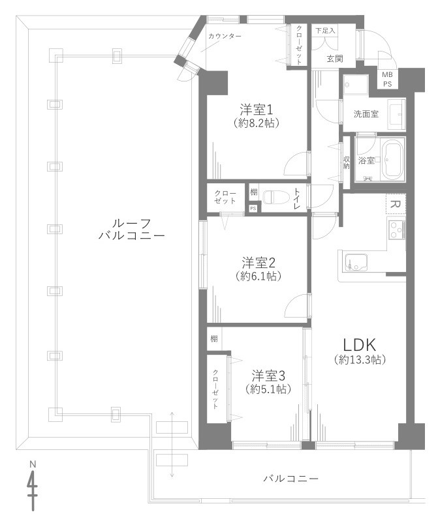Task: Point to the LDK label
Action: click(358, 345)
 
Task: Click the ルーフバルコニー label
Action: click(131, 228)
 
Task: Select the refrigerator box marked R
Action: click(394, 204)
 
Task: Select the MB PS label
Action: click(387, 80)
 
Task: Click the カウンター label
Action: click(225, 35)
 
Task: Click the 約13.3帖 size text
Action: click(358, 360)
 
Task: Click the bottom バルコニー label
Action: click(291, 479)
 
